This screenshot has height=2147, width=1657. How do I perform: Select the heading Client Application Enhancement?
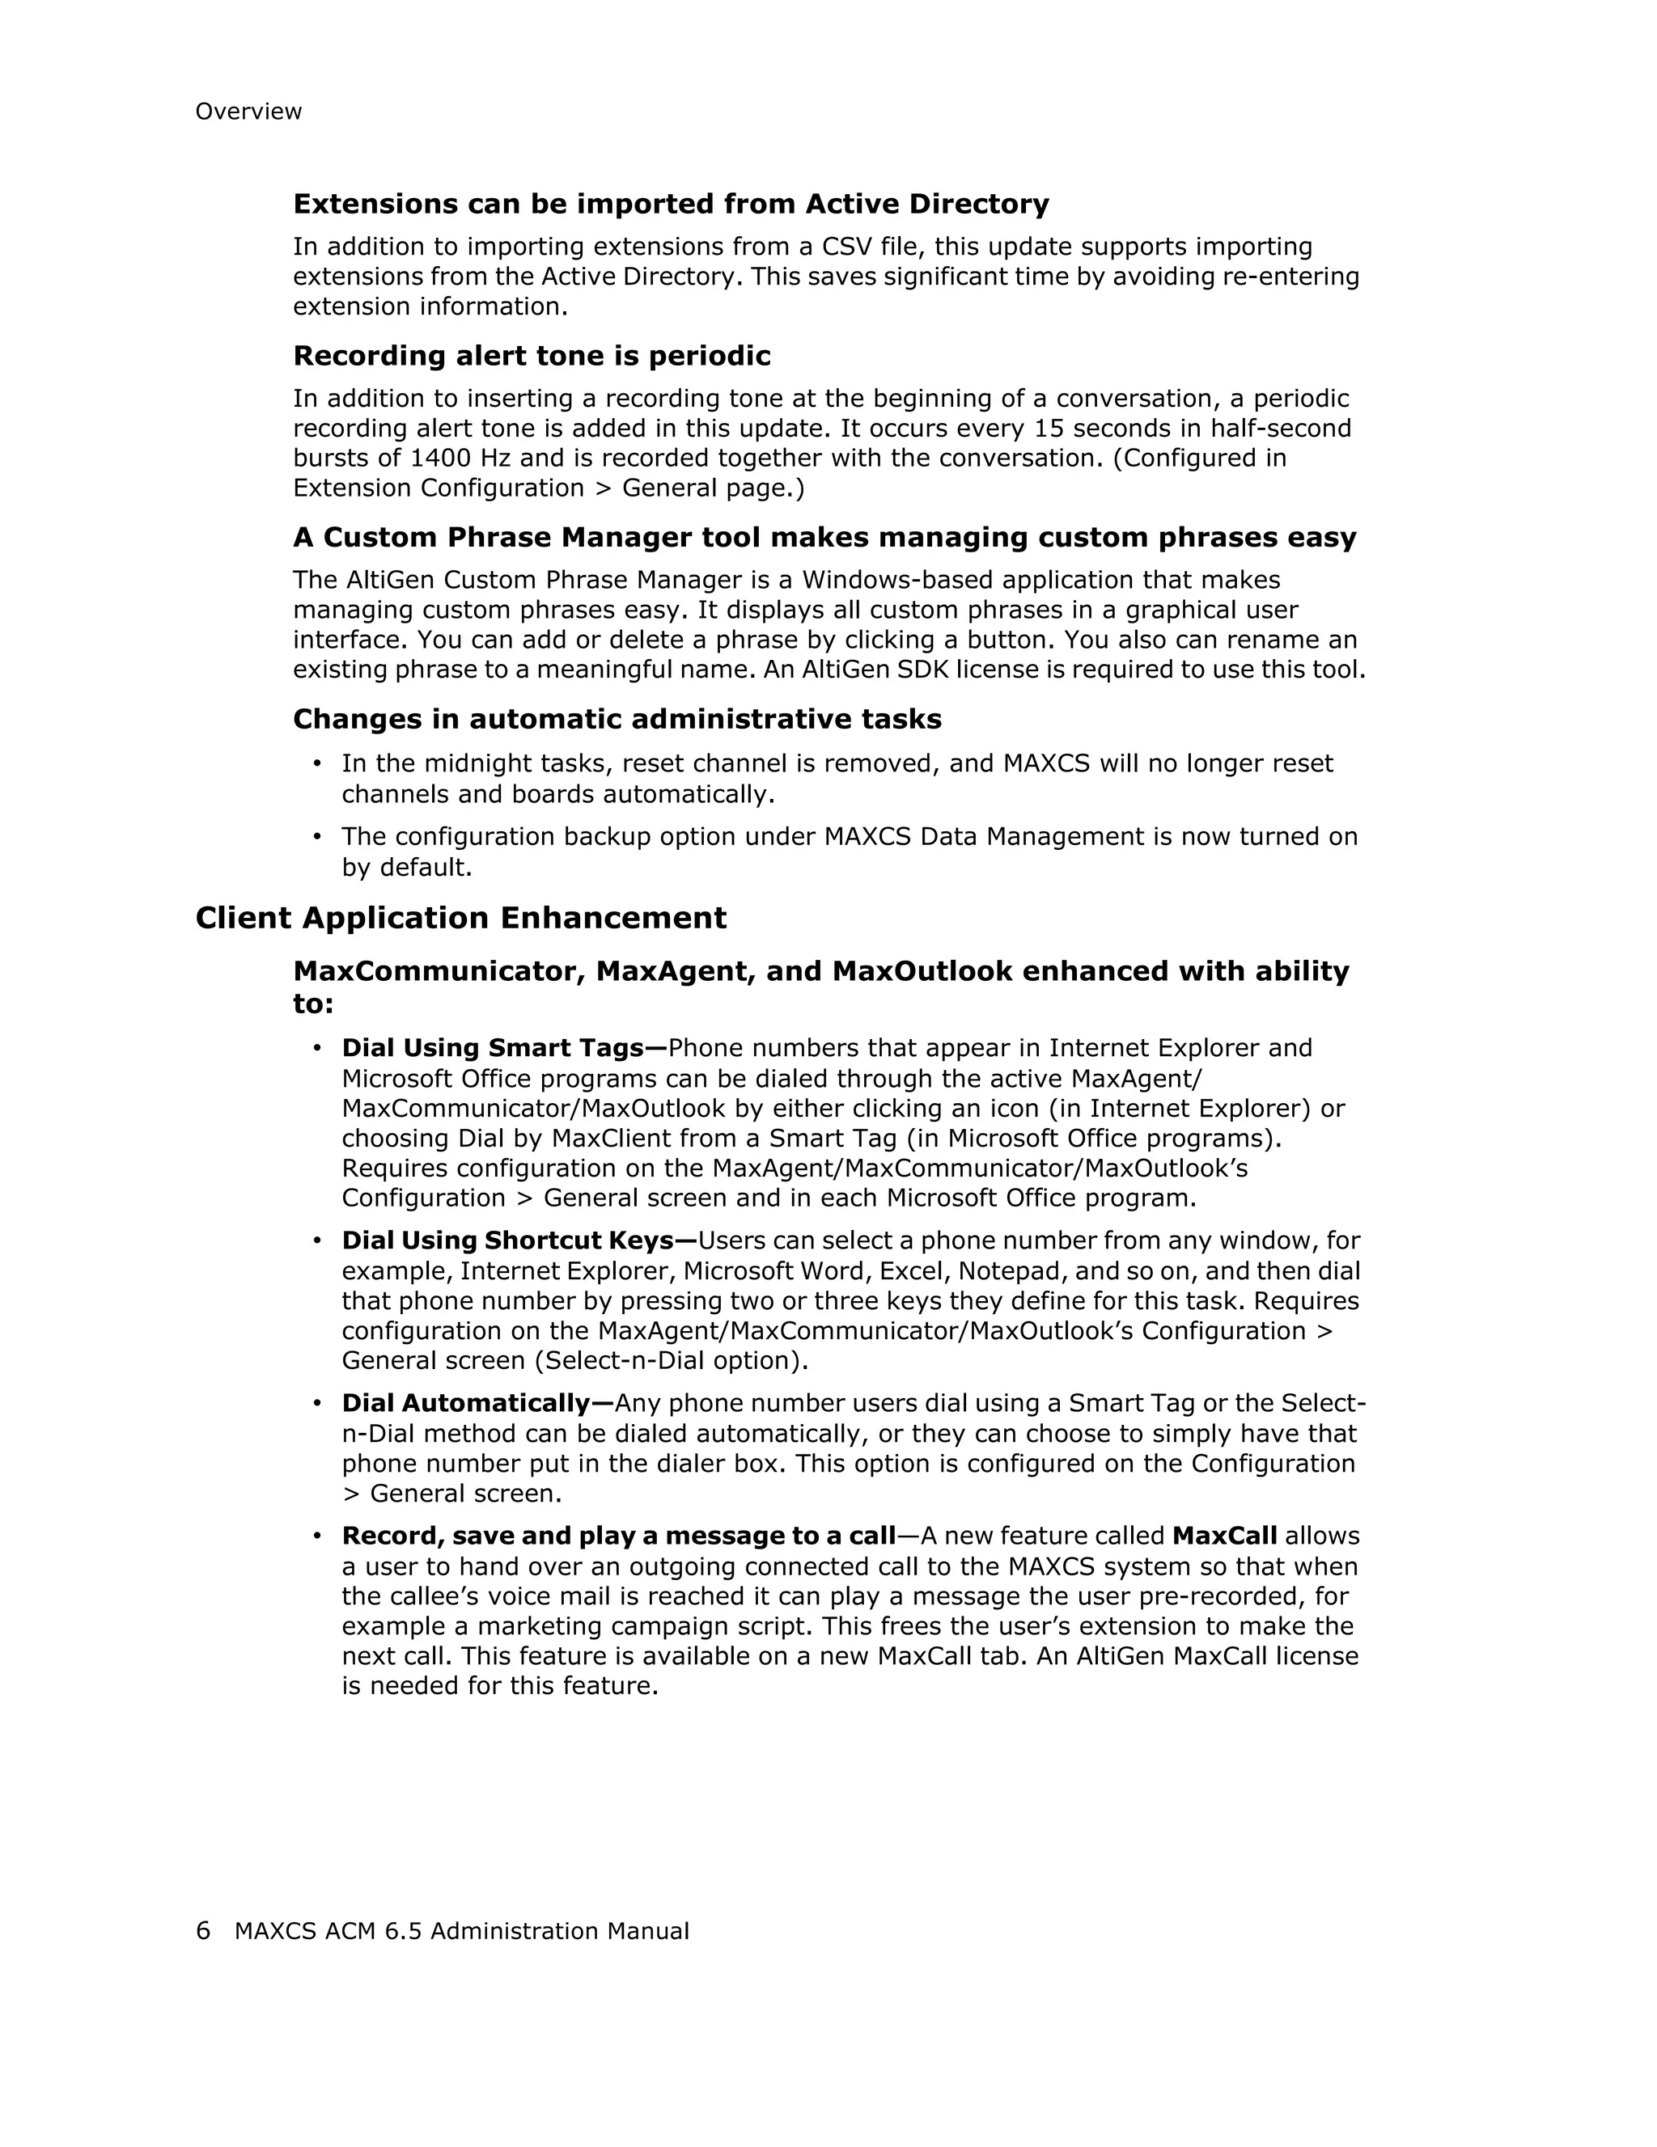tap(460, 918)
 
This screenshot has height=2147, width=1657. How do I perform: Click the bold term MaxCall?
tap(1224, 1536)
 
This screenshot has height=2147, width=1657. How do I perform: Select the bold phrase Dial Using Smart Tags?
tap(503, 1048)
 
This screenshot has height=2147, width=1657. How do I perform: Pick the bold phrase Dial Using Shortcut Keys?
tap(519, 1240)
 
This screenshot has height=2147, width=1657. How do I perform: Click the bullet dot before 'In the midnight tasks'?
tap(316, 764)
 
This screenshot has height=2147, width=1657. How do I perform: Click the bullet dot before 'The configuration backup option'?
tap(316, 837)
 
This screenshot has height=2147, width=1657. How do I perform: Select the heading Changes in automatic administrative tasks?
tap(617, 720)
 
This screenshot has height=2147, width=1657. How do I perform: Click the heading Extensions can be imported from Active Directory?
tap(671, 205)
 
